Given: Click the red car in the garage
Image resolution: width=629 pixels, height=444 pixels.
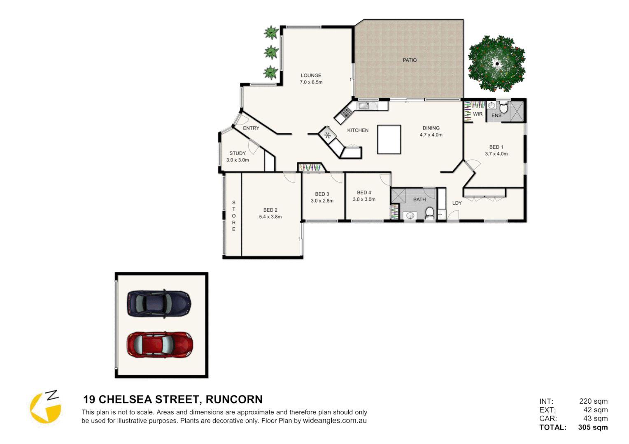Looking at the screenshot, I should (x=159, y=345).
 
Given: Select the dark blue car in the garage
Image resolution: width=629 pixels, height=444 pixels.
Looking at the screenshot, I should (x=159, y=304).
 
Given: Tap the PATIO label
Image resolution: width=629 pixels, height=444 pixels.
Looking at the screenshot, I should (x=409, y=60).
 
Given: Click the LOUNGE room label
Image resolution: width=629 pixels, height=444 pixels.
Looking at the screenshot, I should (x=311, y=76).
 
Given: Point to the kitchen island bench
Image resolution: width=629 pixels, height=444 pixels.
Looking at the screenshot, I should (x=389, y=140).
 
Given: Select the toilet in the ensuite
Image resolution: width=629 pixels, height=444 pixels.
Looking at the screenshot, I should (x=503, y=108).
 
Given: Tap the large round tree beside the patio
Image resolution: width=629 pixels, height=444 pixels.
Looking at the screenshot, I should (x=496, y=64).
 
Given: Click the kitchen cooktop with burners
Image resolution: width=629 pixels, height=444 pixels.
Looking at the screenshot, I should (x=346, y=112).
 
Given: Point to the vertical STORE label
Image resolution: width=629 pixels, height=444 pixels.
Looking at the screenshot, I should (x=234, y=216).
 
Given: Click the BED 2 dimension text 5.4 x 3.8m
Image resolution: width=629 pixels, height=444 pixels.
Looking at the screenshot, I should (x=270, y=217).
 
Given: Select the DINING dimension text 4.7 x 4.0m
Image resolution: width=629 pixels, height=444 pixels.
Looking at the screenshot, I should (x=431, y=135).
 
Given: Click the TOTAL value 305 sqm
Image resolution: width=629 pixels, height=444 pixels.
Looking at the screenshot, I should (x=592, y=427).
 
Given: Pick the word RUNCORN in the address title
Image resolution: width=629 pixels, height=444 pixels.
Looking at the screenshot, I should (x=234, y=399).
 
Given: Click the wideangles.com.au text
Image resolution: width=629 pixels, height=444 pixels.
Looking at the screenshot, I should (x=334, y=421).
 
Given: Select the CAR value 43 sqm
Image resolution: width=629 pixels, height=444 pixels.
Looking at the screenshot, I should (x=595, y=419).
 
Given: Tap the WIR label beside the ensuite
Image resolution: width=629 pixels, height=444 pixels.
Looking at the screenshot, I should (x=478, y=114).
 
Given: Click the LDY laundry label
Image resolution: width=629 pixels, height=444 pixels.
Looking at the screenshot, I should (x=457, y=203).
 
